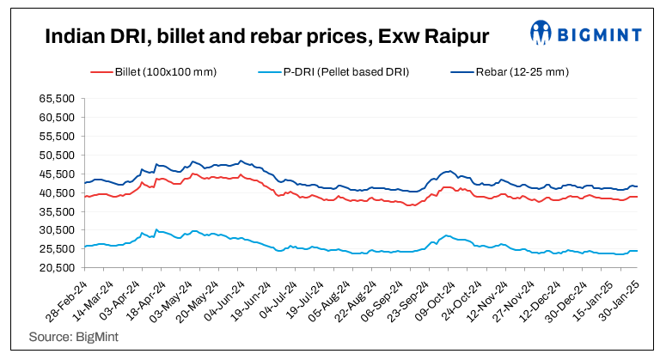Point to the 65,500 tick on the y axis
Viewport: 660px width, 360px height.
[57, 99]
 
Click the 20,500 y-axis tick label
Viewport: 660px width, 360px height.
[57, 267]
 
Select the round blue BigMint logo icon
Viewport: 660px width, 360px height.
[541, 34]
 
